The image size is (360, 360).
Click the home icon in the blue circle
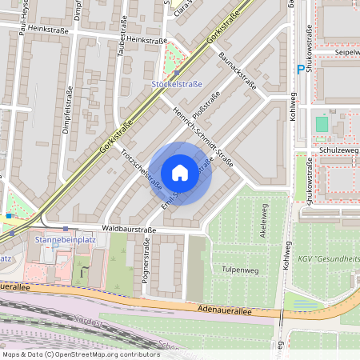[180, 173]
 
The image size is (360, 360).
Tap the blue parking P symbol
[301, 70]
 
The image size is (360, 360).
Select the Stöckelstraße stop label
[177, 84]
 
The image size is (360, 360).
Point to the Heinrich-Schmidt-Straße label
[203, 135]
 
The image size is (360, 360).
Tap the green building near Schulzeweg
[322, 124]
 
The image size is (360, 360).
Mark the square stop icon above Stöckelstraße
[176, 72]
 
